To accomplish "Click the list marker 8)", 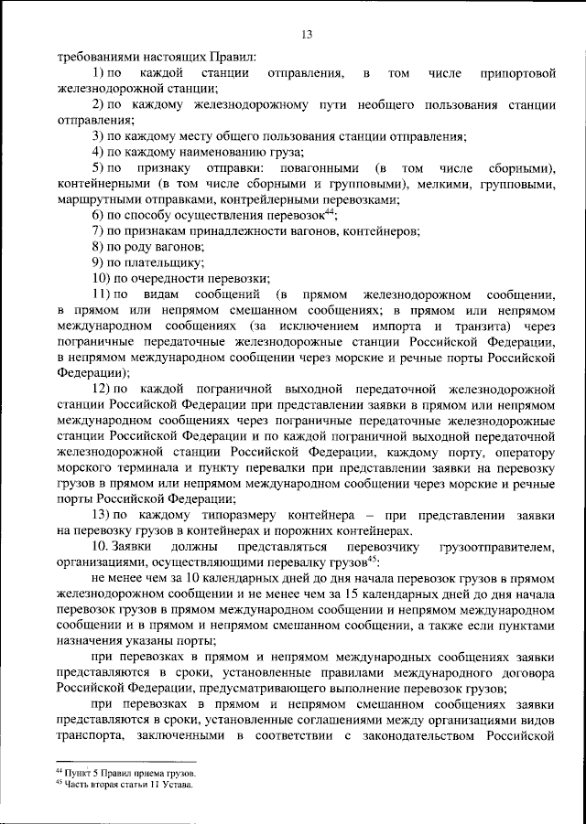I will (99, 247).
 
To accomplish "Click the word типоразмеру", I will (201, 516).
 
